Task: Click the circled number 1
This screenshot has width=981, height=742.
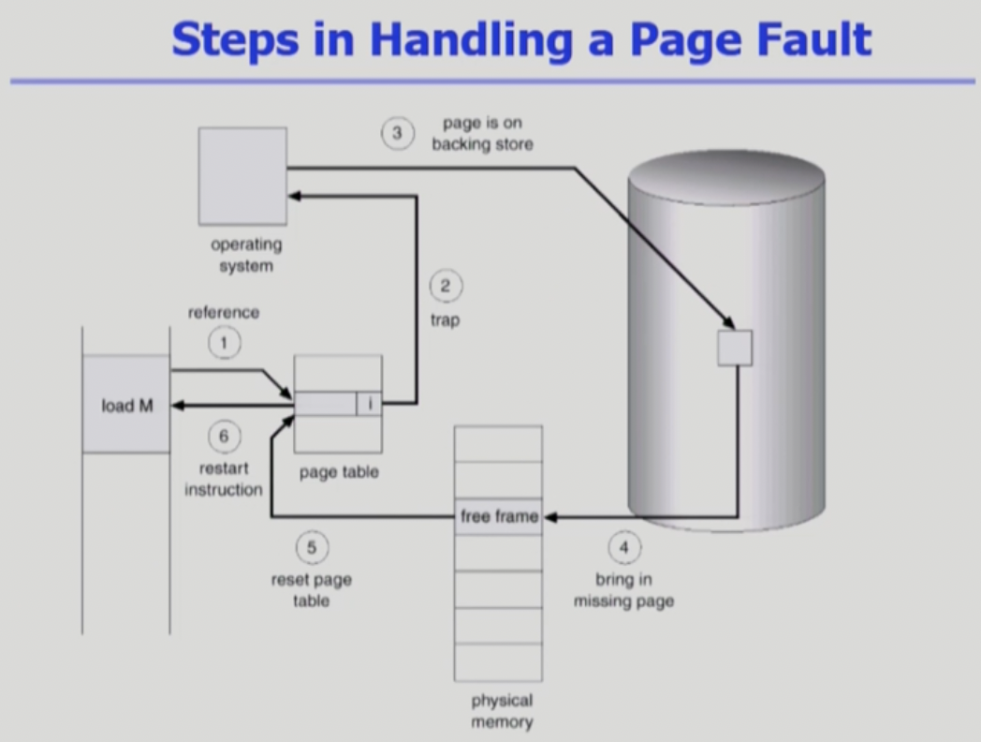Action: (224, 344)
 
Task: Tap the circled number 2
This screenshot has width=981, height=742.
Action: (446, 287)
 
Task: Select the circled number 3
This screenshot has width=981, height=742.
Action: (397, 133)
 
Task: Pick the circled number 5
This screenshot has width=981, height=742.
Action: (312, 547)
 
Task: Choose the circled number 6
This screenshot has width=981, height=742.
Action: (224, 436)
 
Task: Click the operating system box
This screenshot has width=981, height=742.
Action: (242, 176)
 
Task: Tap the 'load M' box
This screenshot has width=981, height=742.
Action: (126, 405)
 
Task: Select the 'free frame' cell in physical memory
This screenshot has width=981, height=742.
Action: (499, 516)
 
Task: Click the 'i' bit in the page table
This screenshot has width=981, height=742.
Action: (370, 404)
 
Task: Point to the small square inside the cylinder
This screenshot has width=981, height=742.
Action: (735, 348)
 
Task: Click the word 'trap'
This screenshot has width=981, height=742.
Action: (446, 320)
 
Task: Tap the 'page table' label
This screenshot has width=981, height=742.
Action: (339, 472)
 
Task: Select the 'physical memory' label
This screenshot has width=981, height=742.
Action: (502, 711)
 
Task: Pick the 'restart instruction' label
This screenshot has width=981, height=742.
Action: (224, 478)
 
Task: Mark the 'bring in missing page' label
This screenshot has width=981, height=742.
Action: (623, 590)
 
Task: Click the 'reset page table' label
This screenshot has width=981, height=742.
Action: (312, 590)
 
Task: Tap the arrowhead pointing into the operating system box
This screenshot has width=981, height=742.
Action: (293, 197)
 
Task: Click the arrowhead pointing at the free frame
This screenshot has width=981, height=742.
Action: (549, 516)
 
